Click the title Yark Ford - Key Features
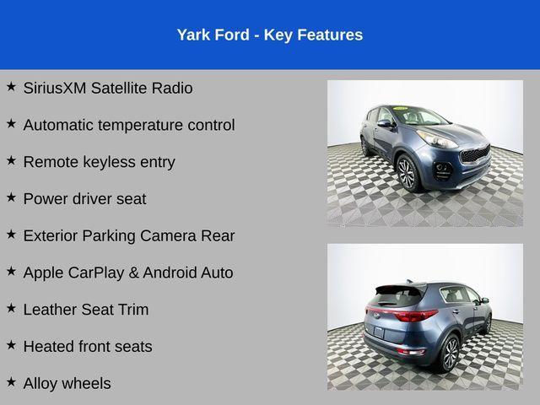tap(270, 35)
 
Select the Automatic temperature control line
tap(129, 125)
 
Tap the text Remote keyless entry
tap(99, 162)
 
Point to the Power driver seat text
tap(84, 199)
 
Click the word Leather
tap(50, 310)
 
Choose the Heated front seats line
tap(88, 347)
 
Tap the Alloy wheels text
tap(67, 384)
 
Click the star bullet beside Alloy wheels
tap(11, 382)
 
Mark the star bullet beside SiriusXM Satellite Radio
tap(11, 86)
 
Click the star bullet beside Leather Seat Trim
tap(11, 308)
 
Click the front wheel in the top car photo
tap(408, 173)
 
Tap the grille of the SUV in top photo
tap(474, 155)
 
